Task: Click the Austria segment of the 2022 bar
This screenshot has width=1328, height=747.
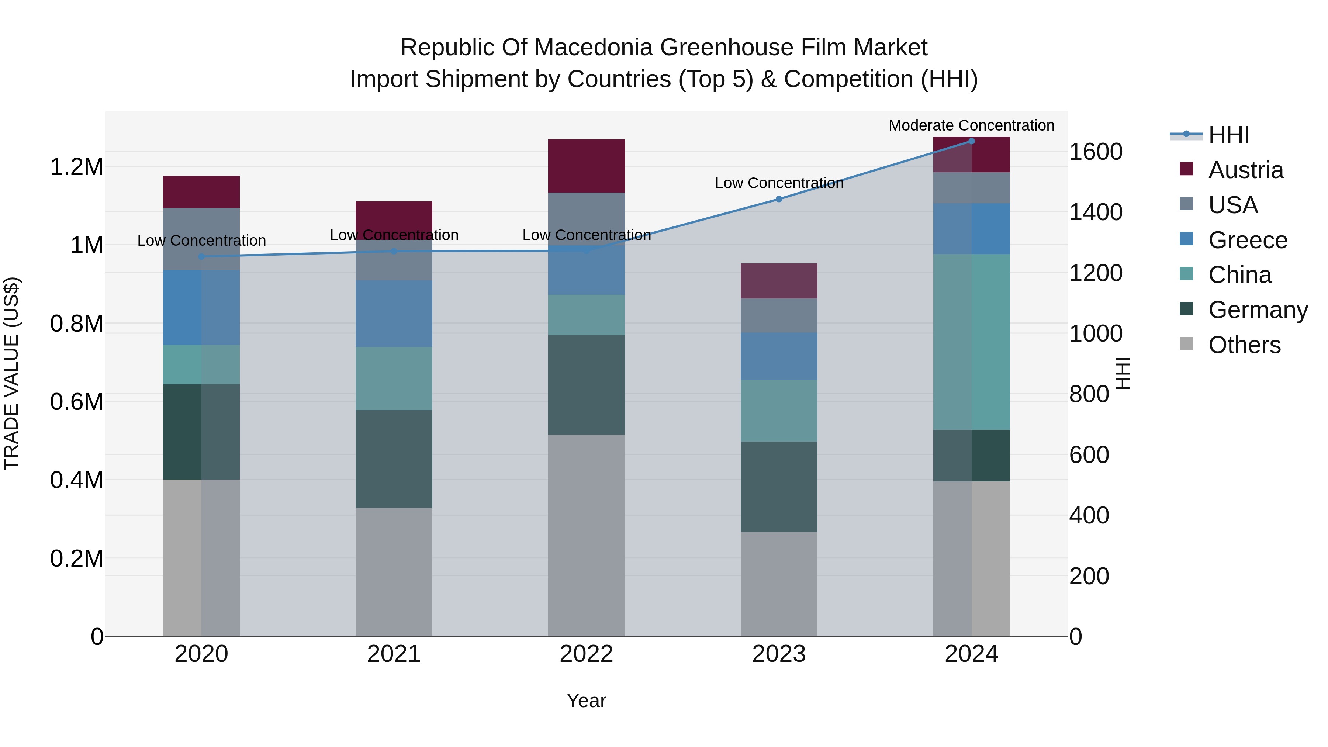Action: pyautogui.click(x=586, y=166)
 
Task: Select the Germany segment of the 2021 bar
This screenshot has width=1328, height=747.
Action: pyautogui.click(x=394, y=459)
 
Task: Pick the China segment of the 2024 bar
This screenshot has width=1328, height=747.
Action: pyautogui.click(x=971, y=342)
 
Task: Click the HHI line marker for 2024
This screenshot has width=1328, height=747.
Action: pyautogui.click(x=971, y=141)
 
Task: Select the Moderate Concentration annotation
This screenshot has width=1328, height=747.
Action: pyautogui.click(x=971, y=125)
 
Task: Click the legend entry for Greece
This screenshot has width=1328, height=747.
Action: pyautogui.click(x=1248, y=240)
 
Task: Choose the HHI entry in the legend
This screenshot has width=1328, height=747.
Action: pyautogui.click(x=1228, y=135)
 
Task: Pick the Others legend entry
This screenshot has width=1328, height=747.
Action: pyautogui.click(x=1244, y=345)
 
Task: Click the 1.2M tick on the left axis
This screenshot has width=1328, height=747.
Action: pyautogui.click(x=76, y=167)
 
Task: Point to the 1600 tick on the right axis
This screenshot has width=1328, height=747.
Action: pyautogui.click(x=1096, y=152)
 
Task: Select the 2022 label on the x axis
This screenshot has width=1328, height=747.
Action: pyautogui.click(x=586, y=654)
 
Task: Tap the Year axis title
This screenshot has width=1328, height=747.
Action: pyautogui.click(x=586, y=701)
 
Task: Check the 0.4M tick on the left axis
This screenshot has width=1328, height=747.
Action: pyautogui.click(x=76, y=480)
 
